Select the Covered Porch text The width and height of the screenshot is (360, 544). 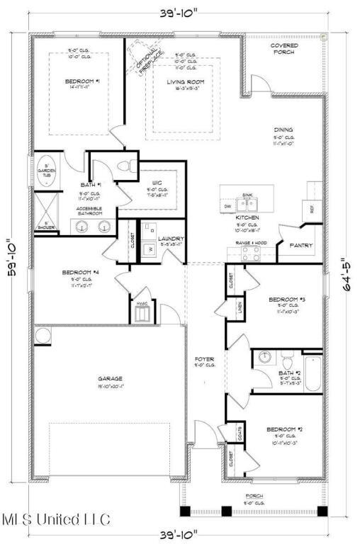pyautogui.click(x=284, y=49)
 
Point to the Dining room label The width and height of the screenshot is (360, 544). pyautogui.click(x=284, y=130)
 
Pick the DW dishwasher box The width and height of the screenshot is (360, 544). pyautogui.click(x=227, y=205)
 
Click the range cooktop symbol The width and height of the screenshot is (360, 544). pyautogui.click(x=250, y=254)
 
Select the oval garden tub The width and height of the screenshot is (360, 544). pyautogui.click(x=47, y=171)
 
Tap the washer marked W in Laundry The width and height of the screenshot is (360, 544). pyautogui.click(x=150, y=249)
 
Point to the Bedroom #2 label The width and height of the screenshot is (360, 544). pyautogui.click(x=284, y=429)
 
